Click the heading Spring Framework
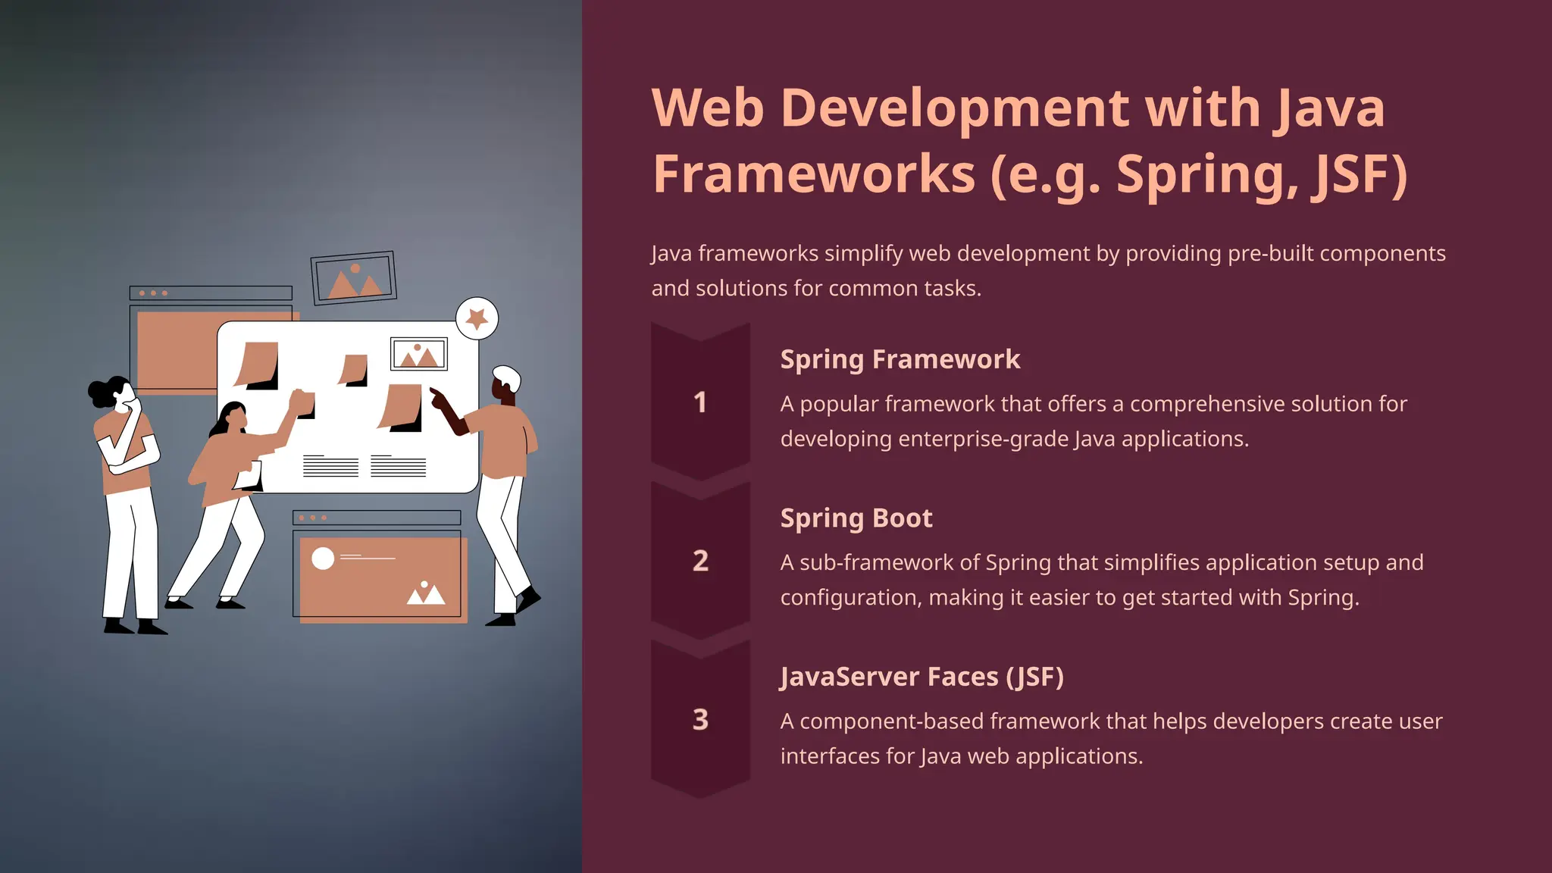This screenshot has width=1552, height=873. click(900, 359)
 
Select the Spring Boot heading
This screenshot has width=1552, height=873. click(856, 518)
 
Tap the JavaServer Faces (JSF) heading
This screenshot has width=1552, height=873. click(921, 676)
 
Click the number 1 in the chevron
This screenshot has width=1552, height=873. click(700, 402)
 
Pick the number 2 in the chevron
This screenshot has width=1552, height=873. click(700, 561)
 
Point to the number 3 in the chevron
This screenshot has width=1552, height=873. click(700, 719)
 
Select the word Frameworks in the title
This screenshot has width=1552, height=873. click(814, 174)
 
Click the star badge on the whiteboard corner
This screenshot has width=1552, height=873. click(477, 318)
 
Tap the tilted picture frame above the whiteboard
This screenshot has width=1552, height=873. click(354, 278)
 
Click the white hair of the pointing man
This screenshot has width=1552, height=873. click(507, 376)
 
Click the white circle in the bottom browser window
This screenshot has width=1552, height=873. click(323, 559)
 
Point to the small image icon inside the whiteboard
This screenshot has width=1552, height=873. click(418, 354)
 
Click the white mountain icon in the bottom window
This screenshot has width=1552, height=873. click(425, 593)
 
